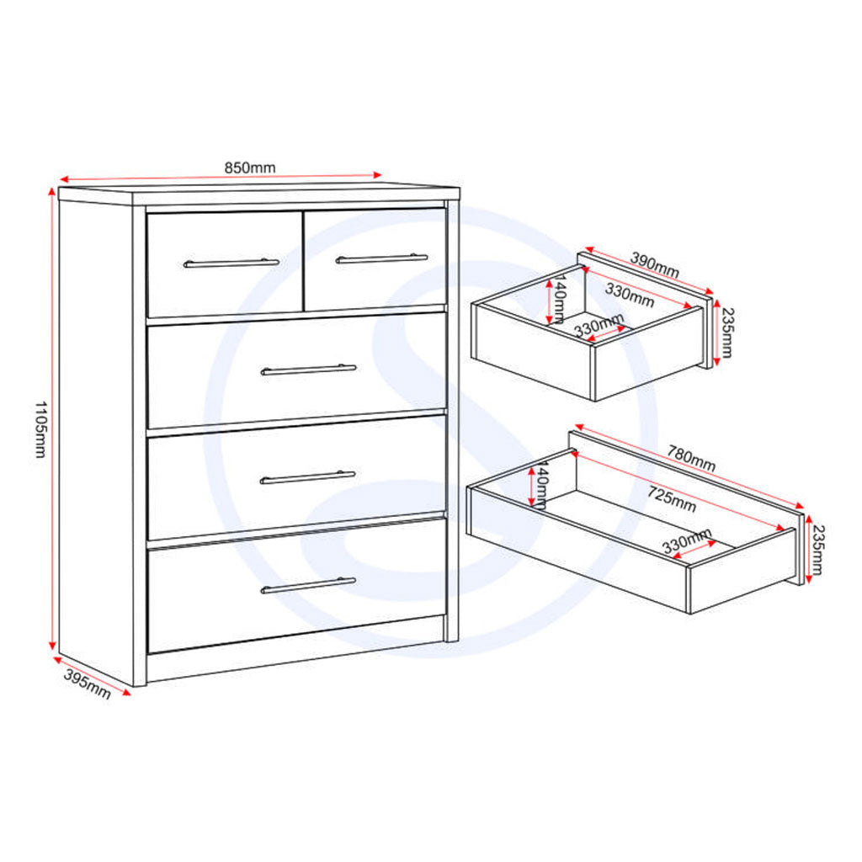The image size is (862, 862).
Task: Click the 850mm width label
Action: (x=249, y=168)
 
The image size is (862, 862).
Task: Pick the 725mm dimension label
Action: (x=672, y=498)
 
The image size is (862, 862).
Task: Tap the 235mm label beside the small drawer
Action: (x=725, y=332)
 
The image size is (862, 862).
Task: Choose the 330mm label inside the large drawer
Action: (x=686, y=541)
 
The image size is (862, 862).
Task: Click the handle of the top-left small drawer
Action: (x=231, y=263)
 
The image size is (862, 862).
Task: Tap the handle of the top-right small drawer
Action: (x=381, y=258)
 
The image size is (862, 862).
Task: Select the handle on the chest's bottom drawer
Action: (x=308, y=585)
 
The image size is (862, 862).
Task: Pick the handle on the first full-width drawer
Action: (x=308, y=370)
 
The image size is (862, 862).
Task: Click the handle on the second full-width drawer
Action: (x=308, y=477)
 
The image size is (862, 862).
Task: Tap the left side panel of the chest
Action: (x=95, y=438)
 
